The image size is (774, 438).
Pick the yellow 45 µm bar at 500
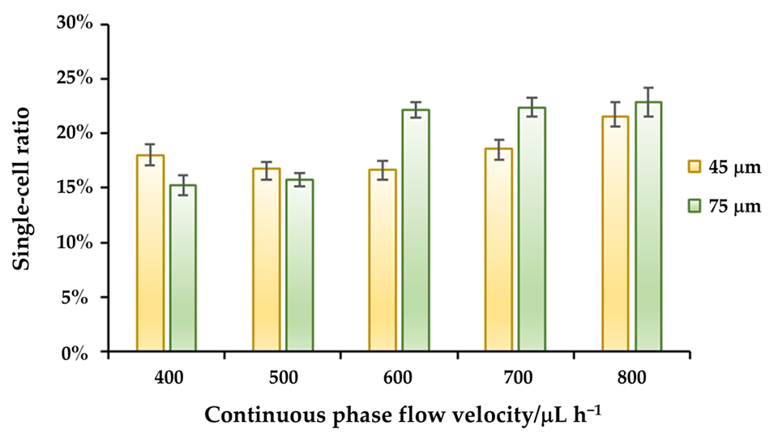266,260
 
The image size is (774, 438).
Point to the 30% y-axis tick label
79,24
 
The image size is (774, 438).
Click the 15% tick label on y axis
79,188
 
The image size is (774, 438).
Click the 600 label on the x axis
399,377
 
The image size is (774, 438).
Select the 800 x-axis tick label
631,377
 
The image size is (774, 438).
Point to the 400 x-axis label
167,377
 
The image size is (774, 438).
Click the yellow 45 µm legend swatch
694,167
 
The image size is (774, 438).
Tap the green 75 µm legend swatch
694,206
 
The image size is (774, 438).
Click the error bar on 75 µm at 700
532,107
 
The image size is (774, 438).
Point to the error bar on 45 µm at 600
383,170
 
